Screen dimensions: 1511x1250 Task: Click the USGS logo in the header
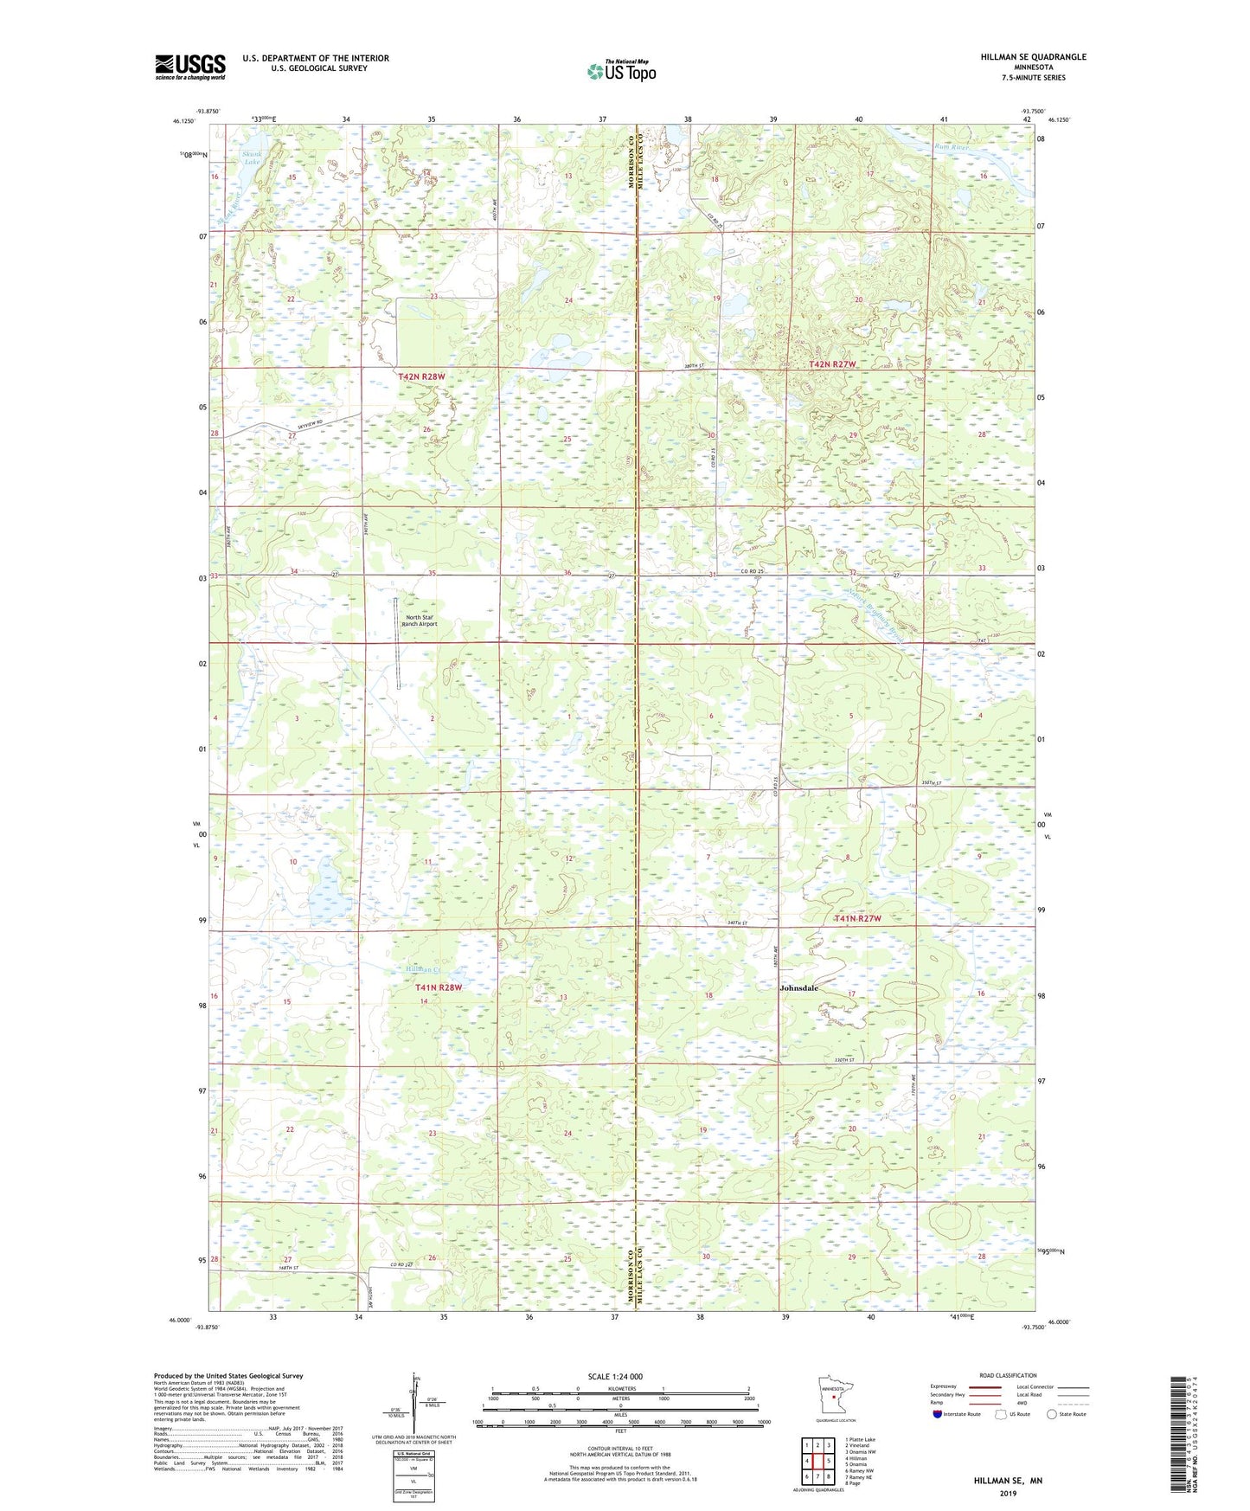point(189,67)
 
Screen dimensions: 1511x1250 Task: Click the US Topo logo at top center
point(620,71)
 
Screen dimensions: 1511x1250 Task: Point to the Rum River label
point(950,146)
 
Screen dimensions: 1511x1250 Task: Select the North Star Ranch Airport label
point(421,620)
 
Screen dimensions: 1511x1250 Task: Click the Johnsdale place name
point(798,987)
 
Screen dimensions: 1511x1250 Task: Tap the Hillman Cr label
point(424,969)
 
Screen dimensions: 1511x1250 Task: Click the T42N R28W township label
point(421,376)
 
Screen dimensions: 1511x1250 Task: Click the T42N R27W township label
point(831,364)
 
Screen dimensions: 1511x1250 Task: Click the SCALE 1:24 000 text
point(614,1376)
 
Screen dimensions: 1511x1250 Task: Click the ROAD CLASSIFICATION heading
point(1007,1375)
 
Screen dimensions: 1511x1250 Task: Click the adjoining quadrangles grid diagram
point(817,1463)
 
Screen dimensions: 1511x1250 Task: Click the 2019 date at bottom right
point(1007,1493)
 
